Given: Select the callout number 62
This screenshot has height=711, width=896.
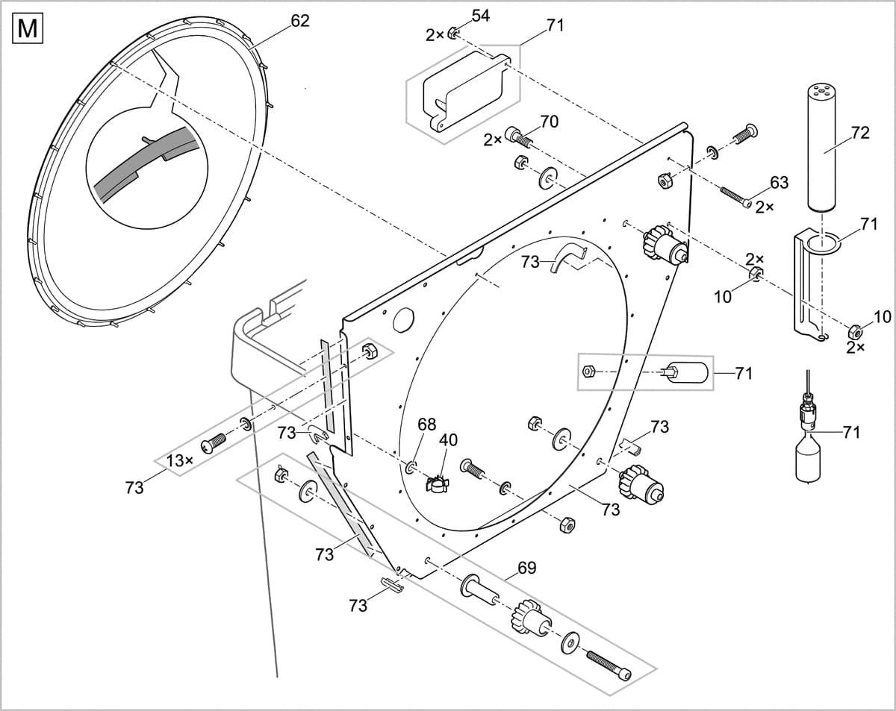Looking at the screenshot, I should [x=299, y=21].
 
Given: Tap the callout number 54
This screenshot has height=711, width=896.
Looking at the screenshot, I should [x=480, y=16].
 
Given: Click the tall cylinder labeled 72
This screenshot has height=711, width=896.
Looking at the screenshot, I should [x=823, y=147].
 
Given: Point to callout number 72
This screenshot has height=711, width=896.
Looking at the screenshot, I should [x=860, y=133].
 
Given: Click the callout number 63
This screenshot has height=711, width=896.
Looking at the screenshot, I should [x=779, y=182].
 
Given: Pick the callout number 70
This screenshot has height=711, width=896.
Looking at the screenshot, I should [x=549, y=122].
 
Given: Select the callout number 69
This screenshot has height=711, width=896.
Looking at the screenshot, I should [x=526, y=568].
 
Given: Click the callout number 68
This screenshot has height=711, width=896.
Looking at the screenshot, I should [x=426, y=425].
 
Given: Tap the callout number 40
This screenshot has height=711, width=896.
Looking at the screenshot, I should [x=448, y=439].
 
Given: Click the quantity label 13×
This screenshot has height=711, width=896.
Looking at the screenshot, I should [x=179, y=460].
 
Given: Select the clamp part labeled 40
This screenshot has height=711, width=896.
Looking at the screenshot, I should [x=438, y=484].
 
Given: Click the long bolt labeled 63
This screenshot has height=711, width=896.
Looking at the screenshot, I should [x=735, y=198].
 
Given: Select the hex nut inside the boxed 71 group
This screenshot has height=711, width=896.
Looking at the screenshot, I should [x=588, y=370].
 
